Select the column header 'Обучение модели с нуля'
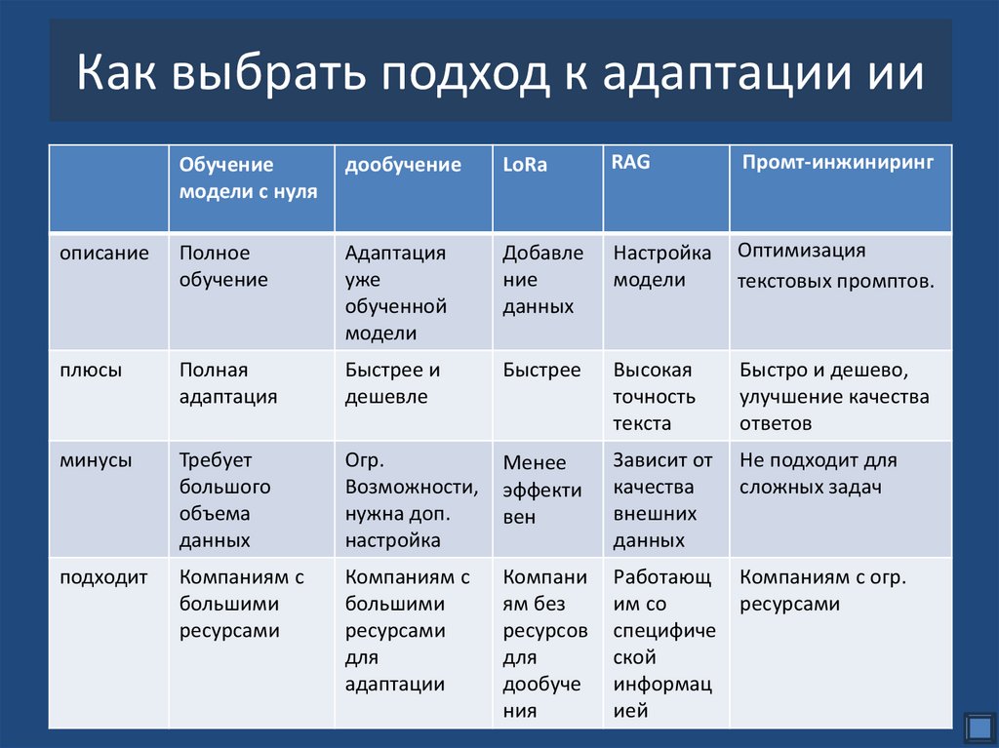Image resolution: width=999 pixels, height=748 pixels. click(248, 178)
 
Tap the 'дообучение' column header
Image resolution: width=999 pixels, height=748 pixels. click(403, 166)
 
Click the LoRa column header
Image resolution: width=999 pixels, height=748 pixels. click(525, 166)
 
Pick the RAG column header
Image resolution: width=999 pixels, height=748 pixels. click(630, 163)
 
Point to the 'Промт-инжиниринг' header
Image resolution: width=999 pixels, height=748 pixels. click(837, 163)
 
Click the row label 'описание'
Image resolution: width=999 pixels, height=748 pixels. click(104, 254)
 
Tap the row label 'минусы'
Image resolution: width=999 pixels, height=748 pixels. click(96, 460)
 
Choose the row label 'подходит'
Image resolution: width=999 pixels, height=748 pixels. click(103, 577)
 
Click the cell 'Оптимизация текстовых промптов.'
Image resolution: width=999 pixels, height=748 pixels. click(836, 267)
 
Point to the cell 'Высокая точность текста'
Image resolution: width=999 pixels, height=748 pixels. click(655, 397)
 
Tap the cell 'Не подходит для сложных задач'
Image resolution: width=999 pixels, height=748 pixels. click(818, 474)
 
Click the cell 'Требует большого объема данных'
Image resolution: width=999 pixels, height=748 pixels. click(225, 500)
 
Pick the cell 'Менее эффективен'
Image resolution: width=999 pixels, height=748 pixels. click(542, 490)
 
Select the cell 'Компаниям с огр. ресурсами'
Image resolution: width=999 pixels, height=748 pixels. click(822, 591)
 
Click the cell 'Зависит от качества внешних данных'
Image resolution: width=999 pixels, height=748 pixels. click(662, 500)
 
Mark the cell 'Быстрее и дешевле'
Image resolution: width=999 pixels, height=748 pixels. click(392, 384)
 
